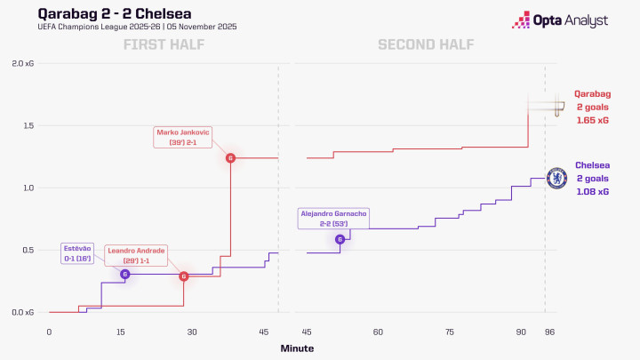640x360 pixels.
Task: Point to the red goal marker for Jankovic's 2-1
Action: tap(231, 158)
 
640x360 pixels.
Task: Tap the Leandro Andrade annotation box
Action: tap(136, 256)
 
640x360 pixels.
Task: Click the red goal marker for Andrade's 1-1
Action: tap(184, 276)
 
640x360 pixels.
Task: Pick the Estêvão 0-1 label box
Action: tap(76, 252)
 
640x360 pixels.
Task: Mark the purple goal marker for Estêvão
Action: tap(124, 275)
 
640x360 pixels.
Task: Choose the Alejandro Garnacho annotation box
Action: tap(332, 219)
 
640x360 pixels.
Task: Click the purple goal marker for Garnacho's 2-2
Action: tap(340, 239)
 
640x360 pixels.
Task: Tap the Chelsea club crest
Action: tap(557, 178)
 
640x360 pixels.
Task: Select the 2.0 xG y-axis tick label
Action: tap(24, 64)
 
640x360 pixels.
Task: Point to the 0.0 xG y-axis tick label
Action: tap(24, 313)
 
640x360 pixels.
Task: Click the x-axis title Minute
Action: tap(296, 348)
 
